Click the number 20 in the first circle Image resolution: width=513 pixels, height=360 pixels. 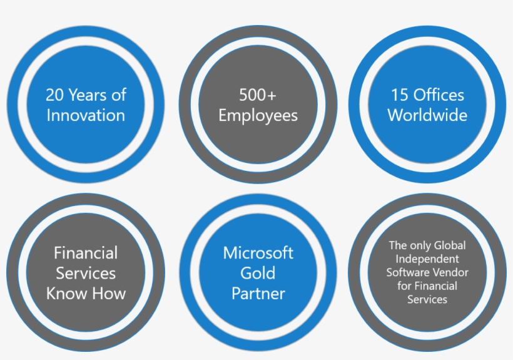coord(54,95)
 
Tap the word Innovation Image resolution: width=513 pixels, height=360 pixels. coord(86,115)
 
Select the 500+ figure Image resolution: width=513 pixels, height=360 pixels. coord(258,95)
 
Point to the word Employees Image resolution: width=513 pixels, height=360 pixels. coord(258,116)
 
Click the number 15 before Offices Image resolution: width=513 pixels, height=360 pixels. coord(400,95)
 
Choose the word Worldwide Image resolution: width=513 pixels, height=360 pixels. coord(427,115)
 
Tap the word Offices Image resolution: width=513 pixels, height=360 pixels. coord(439,95)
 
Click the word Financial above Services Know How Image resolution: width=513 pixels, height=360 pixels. coord(86,253)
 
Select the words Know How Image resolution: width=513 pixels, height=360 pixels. coord(86,293)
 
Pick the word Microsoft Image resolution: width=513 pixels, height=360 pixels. coord(258,253)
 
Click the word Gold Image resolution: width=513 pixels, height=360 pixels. coord(258,273)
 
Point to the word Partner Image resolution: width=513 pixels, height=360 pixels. coord(258,293)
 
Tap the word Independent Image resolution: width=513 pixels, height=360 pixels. coord(427,259)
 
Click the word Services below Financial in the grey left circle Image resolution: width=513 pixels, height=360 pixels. coord(86,273)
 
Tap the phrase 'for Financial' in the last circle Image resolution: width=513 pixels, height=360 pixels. coord(427,286)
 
